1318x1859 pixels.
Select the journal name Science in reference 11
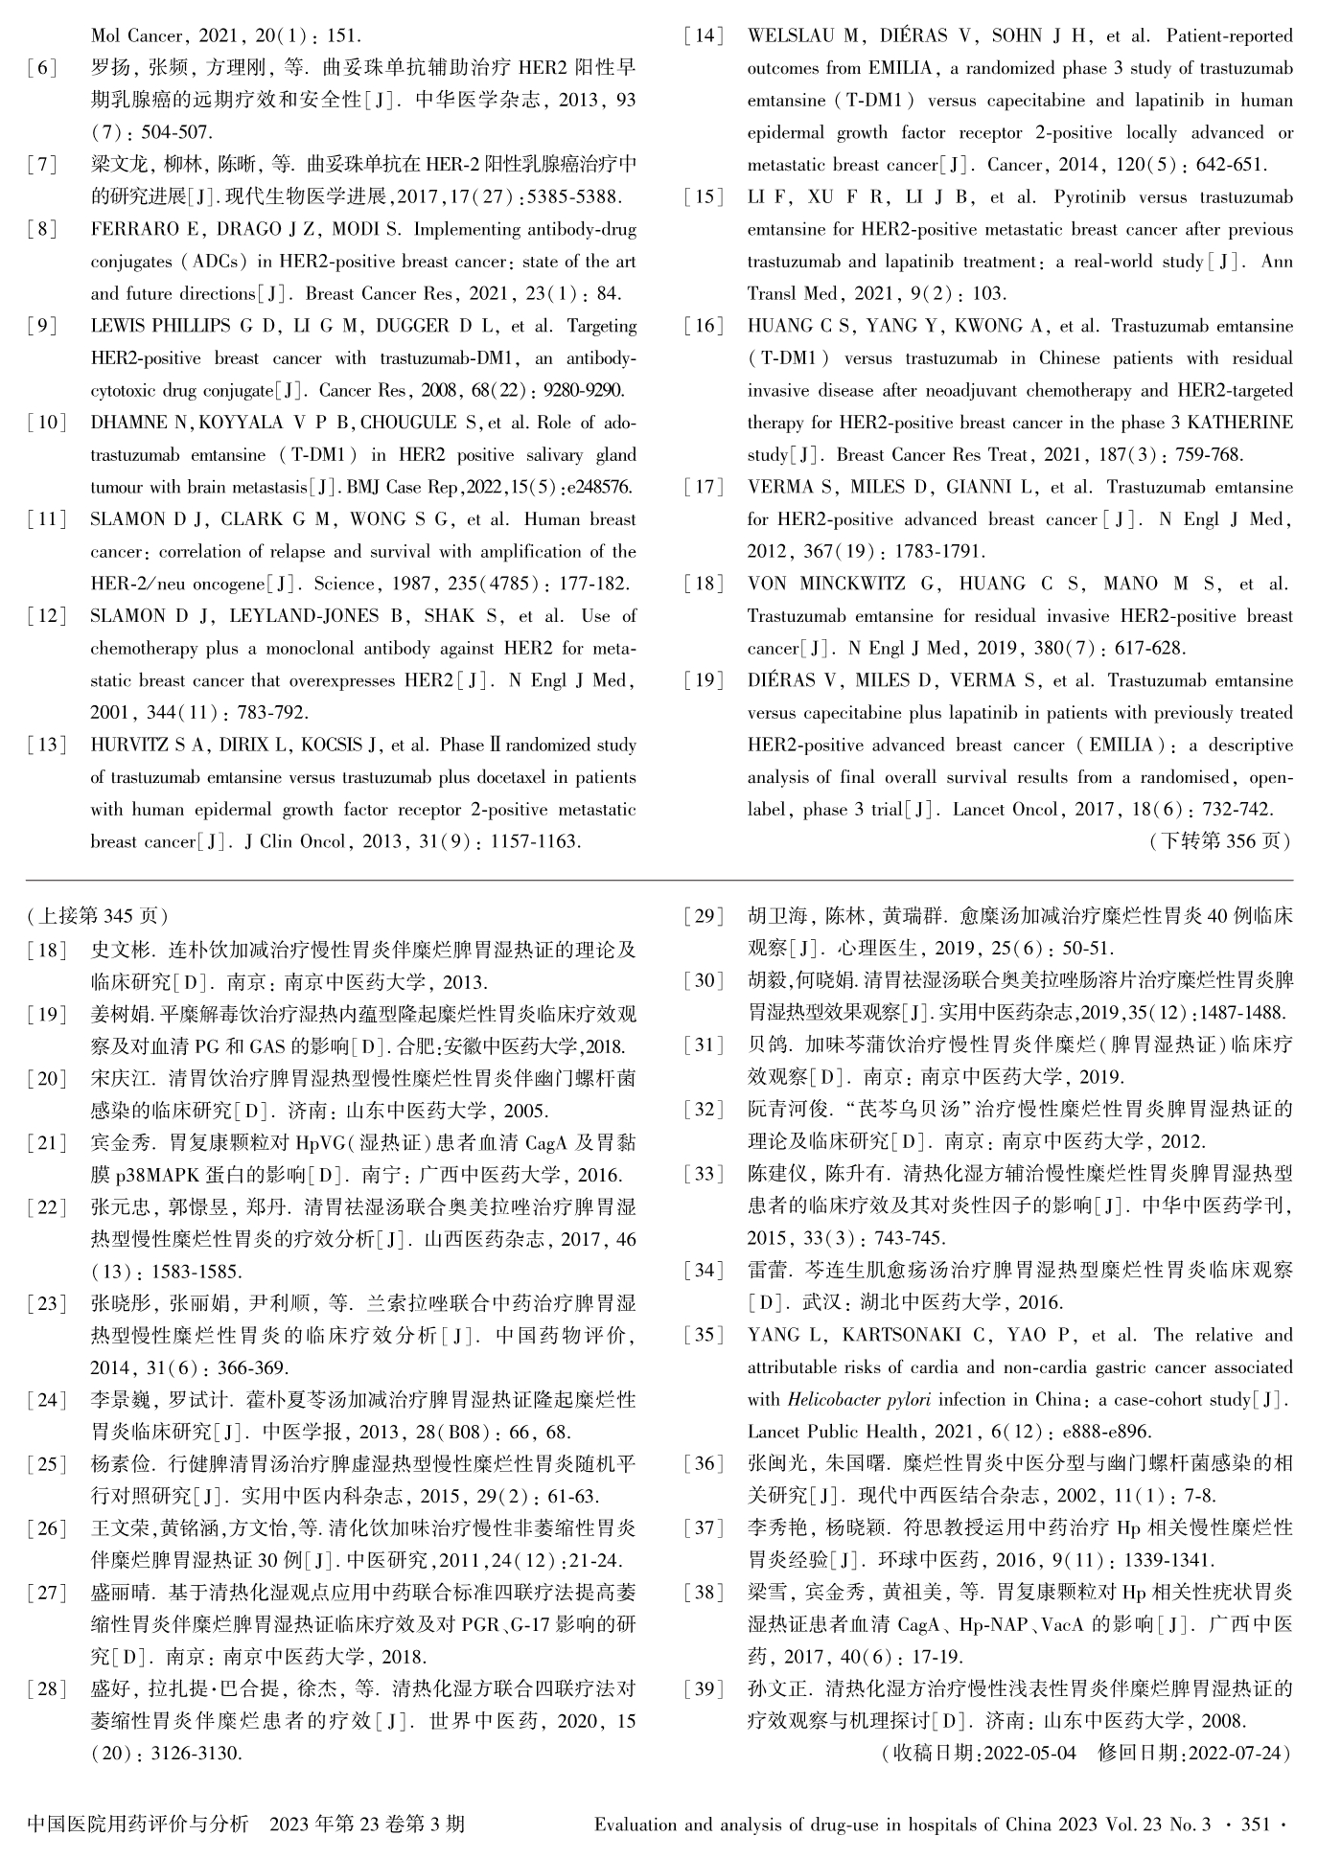[345, 584]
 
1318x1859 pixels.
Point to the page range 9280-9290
[584, 391]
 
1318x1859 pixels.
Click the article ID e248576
[600, 488]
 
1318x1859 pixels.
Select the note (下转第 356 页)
[1220, 841]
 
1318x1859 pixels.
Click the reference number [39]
[705, 1688]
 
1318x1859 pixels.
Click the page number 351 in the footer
[1257, 1824]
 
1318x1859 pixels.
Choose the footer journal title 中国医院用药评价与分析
[139, 1824]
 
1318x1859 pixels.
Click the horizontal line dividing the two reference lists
[659, 880]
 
